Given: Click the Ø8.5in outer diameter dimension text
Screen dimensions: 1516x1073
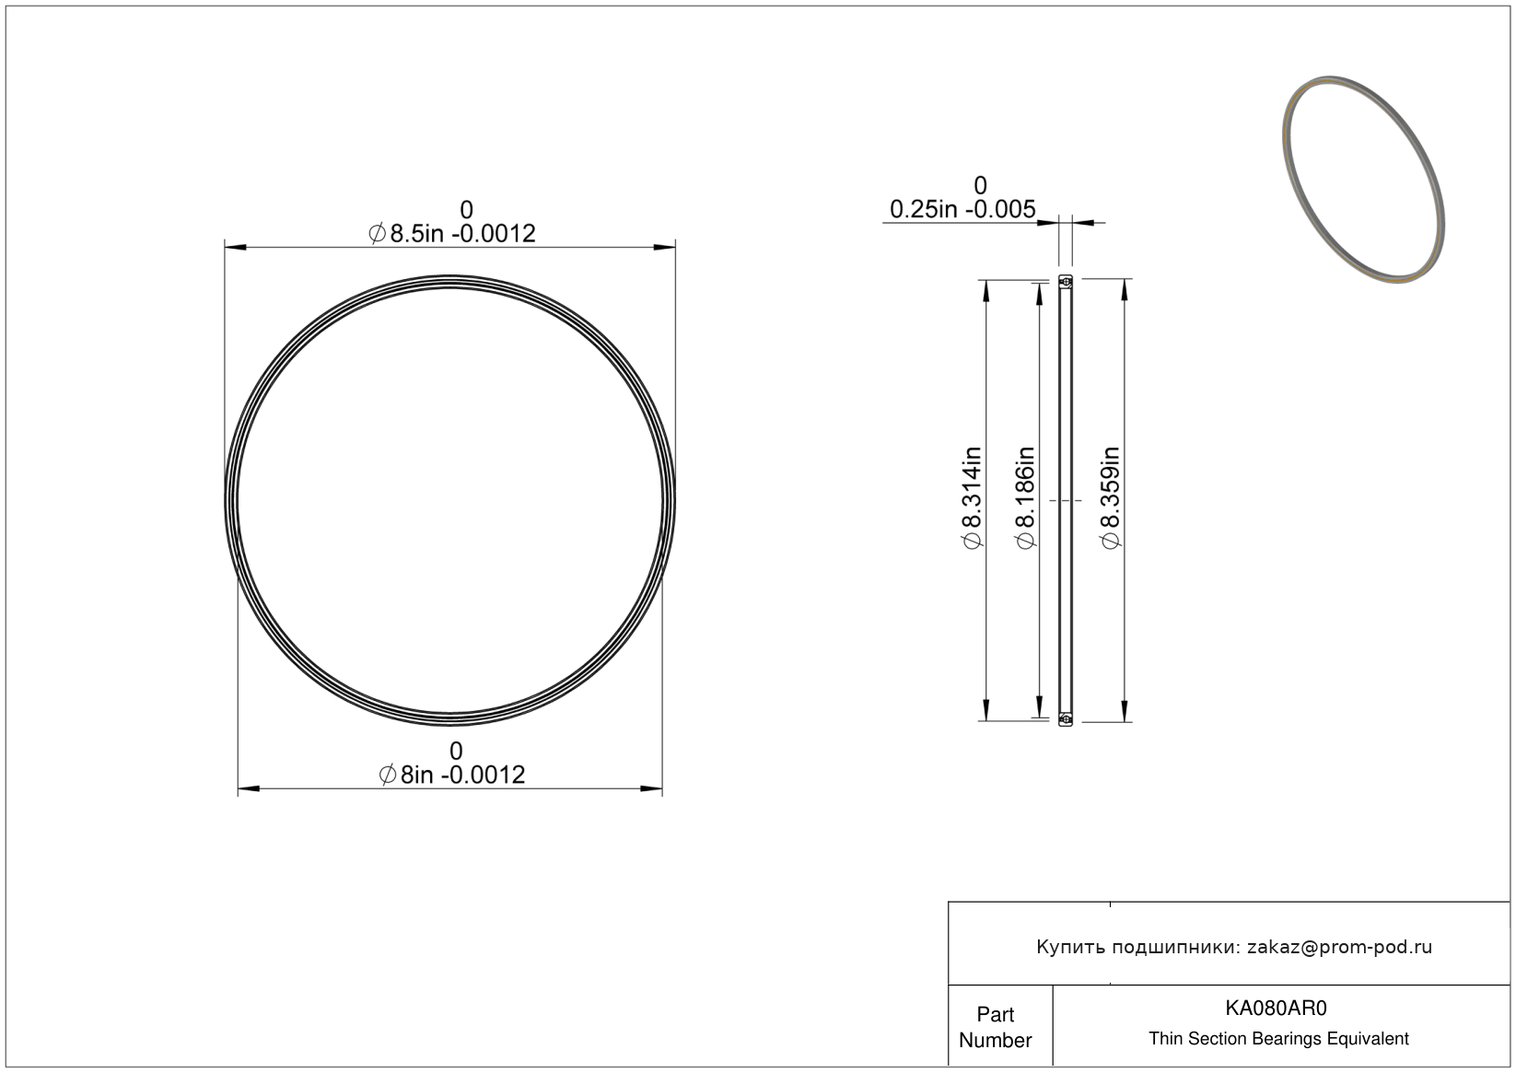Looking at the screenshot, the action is click(452, 234).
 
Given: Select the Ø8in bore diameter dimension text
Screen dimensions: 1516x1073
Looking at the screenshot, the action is click(452, 775).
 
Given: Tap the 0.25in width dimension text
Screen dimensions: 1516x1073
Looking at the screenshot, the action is click(962, 209).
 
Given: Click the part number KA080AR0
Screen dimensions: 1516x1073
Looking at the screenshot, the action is click(1276, 1008).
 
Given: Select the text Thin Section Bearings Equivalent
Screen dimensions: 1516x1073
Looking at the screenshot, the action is click(1278, 1038).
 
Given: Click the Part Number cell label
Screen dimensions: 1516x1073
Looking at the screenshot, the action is click(995, 1026).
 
